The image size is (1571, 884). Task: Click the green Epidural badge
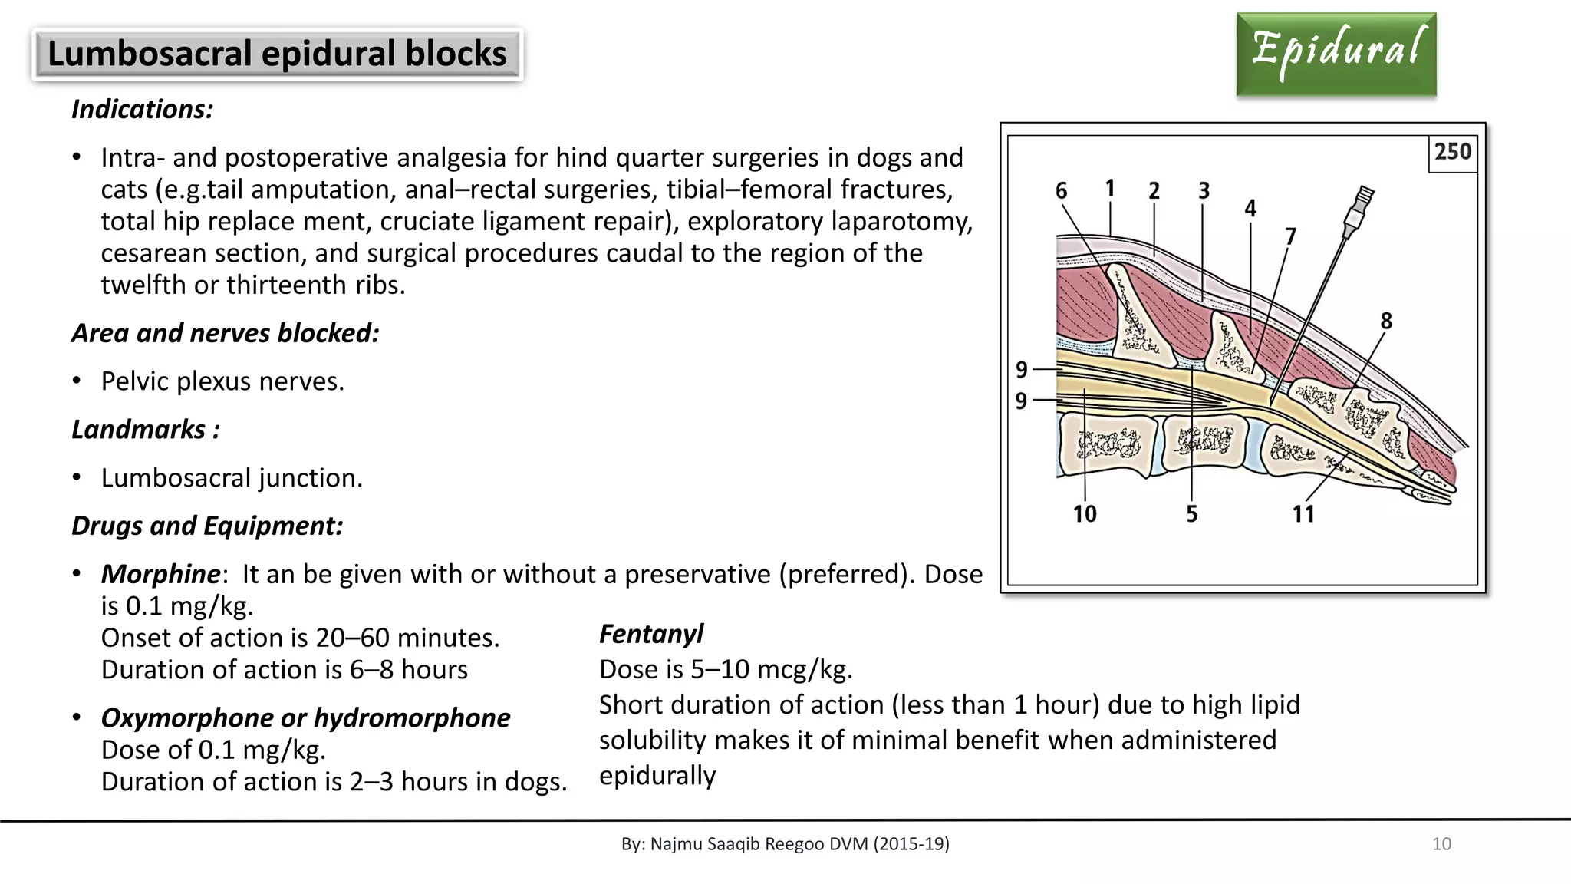pos(1336,54)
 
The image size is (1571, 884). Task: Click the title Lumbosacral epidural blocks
pos(277,54)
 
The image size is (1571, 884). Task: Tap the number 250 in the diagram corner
pos(1453,152)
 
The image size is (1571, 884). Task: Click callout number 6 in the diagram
pos(1061,190)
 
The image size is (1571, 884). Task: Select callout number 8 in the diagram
pos(1385,321)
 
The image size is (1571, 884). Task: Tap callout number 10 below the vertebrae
pos(1085,513)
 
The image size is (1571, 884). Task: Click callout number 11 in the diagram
pos(1303,513)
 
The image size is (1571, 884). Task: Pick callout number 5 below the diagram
pos(1191,513)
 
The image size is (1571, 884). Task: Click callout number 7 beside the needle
pos(1290,236)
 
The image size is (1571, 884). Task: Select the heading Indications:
pos(142,110)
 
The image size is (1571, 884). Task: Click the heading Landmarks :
pos(146,430)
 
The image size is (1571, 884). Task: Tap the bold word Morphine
pos(160,574)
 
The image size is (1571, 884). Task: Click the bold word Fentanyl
pos(650,634)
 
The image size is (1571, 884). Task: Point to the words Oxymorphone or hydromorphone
pos(305,717)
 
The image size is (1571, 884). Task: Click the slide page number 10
pos(1441,844)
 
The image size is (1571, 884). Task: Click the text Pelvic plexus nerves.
pos(222,381)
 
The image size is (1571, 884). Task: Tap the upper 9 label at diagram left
pos(1021,370)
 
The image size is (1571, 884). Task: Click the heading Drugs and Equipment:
pos(207,526)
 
